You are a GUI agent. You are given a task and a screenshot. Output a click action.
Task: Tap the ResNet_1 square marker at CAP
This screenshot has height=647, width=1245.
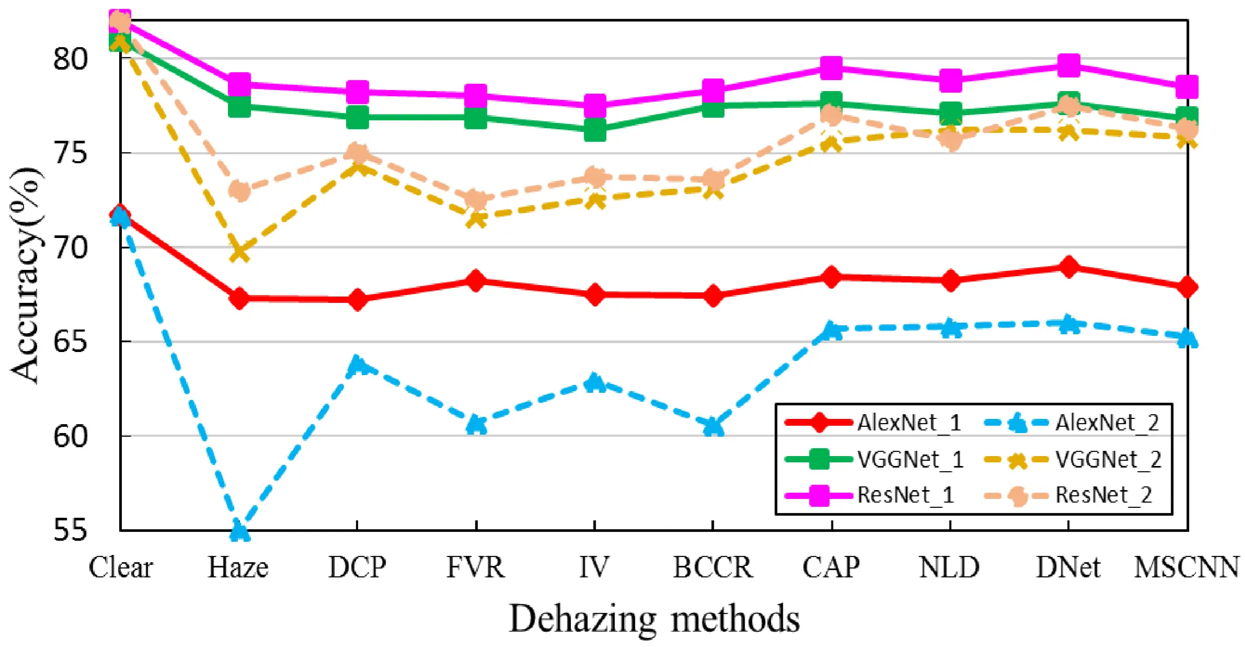(831, 67)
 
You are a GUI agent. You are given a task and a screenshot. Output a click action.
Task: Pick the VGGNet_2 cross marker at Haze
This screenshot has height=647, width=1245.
(239, 252)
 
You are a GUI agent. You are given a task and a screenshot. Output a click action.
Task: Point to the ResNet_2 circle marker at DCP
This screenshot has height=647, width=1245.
(358, 153)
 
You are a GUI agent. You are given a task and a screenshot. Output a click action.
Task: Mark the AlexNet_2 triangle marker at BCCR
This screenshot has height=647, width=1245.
(713, 426)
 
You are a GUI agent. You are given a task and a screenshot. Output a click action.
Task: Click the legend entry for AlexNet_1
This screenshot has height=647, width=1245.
(873, 423)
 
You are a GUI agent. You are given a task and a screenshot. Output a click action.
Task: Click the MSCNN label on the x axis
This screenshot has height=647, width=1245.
(1186, 567)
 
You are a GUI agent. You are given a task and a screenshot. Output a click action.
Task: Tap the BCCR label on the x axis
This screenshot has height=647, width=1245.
(713, 567)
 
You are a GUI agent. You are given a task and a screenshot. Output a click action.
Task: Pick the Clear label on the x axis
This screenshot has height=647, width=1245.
(121, 567)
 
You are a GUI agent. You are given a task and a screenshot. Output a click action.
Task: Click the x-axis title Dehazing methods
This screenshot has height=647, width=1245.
(654, 619)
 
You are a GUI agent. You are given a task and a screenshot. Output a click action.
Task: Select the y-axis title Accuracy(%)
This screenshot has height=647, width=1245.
(25, 275)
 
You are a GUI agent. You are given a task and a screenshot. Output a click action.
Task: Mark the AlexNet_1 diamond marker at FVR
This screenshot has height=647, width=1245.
(476, 281)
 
